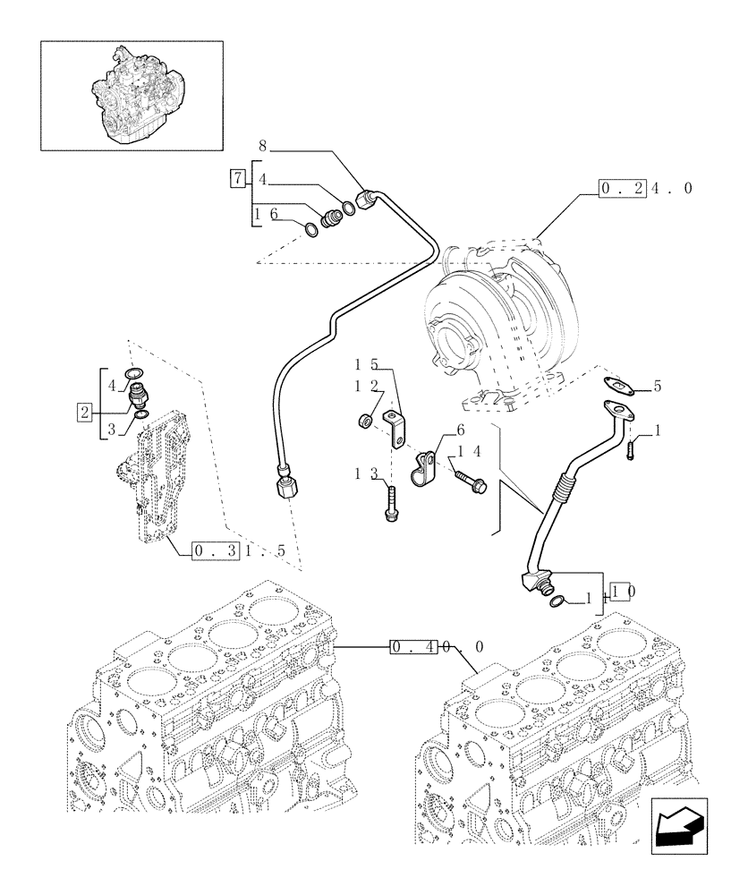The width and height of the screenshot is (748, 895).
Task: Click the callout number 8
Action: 262,144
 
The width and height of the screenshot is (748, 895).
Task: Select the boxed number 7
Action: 236,177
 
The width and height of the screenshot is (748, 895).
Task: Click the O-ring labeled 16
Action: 310,230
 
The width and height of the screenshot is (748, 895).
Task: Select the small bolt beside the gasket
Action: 633,445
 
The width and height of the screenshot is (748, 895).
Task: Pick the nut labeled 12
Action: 365,419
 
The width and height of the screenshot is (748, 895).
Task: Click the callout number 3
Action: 111,430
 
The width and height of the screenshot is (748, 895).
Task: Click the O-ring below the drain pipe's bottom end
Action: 557,601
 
